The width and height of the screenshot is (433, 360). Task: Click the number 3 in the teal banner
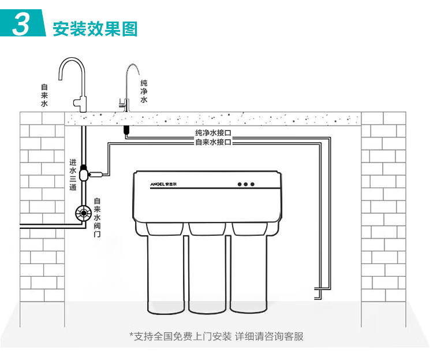[x=22, y=25]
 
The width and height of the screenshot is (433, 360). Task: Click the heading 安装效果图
[x=95, y=29]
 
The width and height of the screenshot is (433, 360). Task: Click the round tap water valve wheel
[x=84, y=213]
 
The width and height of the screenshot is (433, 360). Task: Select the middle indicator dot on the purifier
[x=245, y=185]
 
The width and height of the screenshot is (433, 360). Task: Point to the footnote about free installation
[x=216, y=336]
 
